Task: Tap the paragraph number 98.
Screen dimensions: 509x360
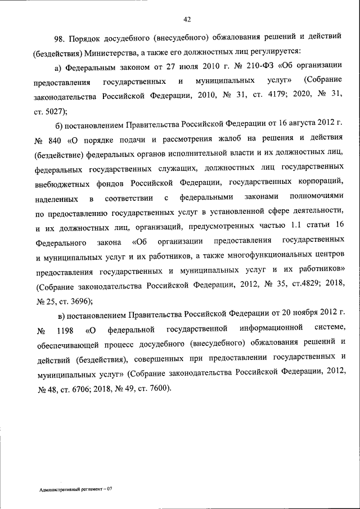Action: pos(60,38)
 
